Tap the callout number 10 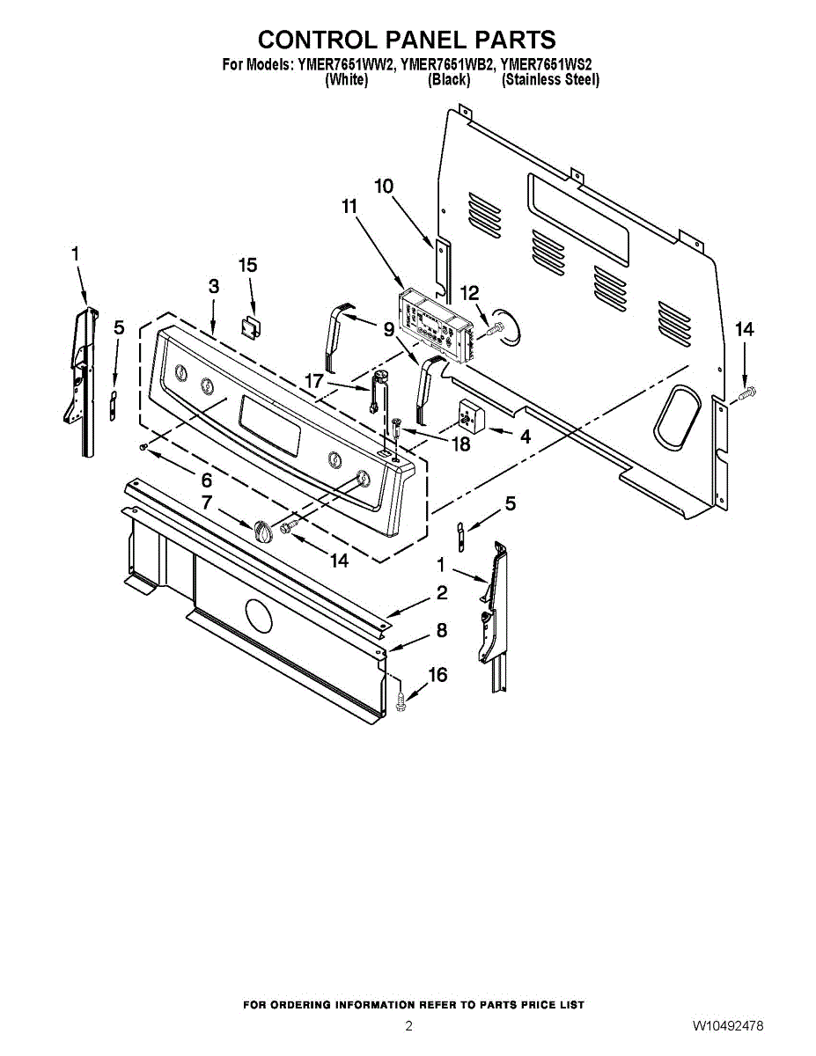[x=384, y=187]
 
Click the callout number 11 [x=349, y=207]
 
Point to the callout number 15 [x=248, y=265]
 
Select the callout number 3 [x=214, y=286]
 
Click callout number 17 [x=314, y=381]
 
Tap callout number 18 [x=459, y=444]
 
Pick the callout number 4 [x=525, y=436]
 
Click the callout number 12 [x=469, y=293]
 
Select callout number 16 [x=437, y=675]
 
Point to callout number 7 [x=207, y=502]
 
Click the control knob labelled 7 [x=263, y=532]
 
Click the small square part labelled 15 [x=251, y=326]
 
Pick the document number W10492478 [x=727, y=1026]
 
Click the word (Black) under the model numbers [x=449, y=79]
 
